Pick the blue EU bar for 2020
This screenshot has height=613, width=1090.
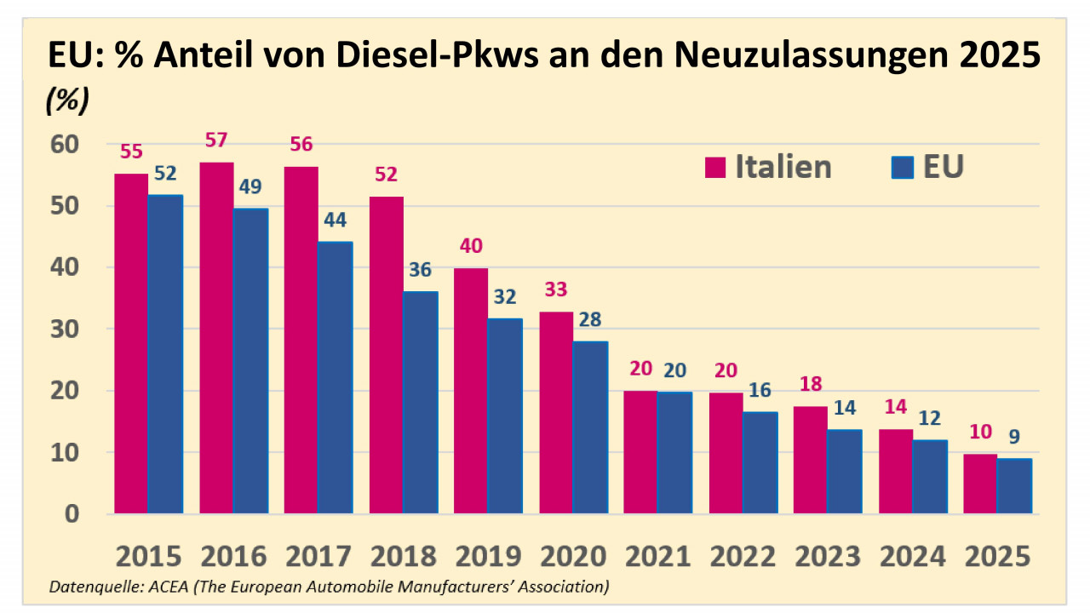click(591, 427)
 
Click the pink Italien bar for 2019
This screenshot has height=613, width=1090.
click(471, 391)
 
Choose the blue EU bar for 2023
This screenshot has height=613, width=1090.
click(845, 472)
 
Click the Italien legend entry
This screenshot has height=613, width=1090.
click(767, 167)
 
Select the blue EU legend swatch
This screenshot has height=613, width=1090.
click(901, 168)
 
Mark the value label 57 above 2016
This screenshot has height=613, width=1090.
click(216, 140)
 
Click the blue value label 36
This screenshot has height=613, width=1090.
click(420, 270)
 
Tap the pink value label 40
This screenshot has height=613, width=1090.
click(471, 246)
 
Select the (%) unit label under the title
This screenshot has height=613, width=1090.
click(66, 100)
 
